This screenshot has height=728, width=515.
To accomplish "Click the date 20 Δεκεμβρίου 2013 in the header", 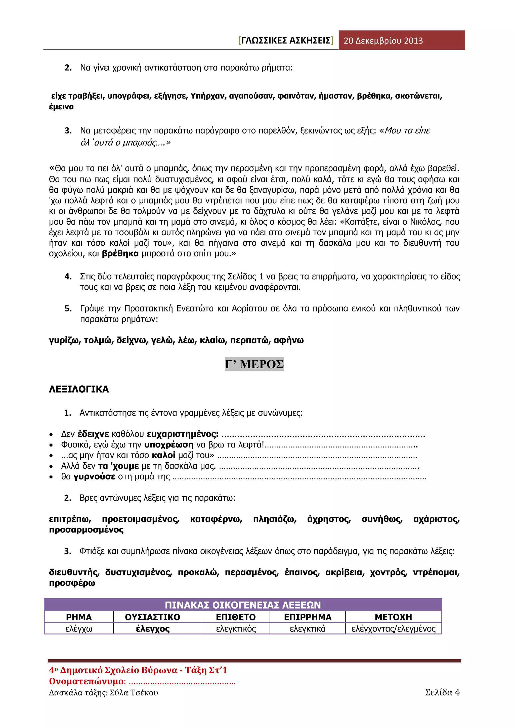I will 383,40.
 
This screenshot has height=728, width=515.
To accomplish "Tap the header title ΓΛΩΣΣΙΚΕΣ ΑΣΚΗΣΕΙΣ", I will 286,40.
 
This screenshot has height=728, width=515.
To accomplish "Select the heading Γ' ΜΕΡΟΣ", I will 254,364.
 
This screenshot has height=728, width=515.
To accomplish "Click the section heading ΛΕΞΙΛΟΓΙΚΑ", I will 79,389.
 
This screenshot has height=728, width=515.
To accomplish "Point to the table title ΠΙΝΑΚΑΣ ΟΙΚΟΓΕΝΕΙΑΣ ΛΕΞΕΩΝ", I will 243,605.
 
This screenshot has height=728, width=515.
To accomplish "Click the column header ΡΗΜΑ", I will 79,617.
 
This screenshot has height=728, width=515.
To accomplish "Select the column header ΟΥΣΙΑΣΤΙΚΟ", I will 153,617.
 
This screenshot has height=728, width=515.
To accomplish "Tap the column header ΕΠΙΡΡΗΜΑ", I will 308,617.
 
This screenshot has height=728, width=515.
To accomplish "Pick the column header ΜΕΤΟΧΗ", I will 393,617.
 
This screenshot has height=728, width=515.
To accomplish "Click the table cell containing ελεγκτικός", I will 236,628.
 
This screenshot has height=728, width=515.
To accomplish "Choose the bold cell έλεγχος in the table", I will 153,628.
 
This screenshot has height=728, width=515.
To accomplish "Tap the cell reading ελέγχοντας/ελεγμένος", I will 393,628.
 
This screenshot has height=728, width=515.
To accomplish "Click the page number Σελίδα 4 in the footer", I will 442,693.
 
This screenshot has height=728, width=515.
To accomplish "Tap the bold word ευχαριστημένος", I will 183,434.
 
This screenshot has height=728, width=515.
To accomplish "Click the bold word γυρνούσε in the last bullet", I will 95,477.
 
